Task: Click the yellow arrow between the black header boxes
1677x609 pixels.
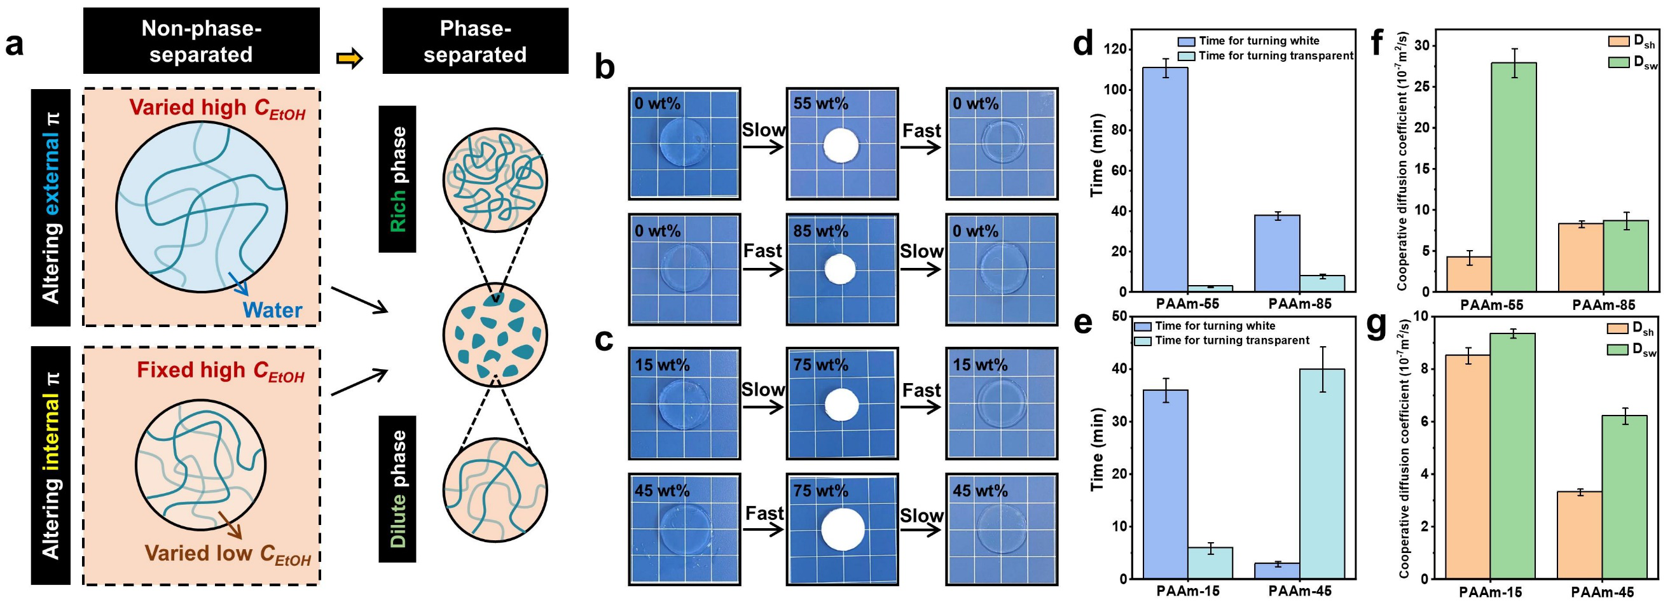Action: pyautogui.click(x=350, y=59)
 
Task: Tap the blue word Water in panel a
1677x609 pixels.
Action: pyautogui.click(x=272, y=309)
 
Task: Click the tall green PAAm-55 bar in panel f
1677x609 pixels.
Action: pyautogui.click(x=1514, y=177)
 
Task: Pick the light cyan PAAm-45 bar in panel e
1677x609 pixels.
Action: pyautogui.click(x=1322, y=474)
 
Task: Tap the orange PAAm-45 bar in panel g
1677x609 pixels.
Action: pyautogui.click(x=1580, y=535)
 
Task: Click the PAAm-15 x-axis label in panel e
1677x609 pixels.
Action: pyautogui.click(x=1188, y=591)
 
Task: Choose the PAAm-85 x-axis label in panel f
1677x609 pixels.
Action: pyautogui.click(x=1603, y=304)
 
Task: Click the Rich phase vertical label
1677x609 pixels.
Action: pyautogui.click(x=397, y=179)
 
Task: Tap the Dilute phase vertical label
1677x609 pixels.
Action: pyautogui.click(x=397, y=489)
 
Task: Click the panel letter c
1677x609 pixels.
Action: pyautogui.click(x=604, y=340)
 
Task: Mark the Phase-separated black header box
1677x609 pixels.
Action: pyautogui.click(x=475, y=40)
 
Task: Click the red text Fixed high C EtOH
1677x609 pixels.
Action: pyautogui.click(x=221, y=370)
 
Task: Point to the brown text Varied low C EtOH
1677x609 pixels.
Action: pyautogui.click(x=227, y=554)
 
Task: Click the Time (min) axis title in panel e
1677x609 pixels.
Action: pyautogui.click(x=1098, y=449)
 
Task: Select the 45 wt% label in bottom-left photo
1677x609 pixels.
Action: pyautogui.click(x=661, y=491)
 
